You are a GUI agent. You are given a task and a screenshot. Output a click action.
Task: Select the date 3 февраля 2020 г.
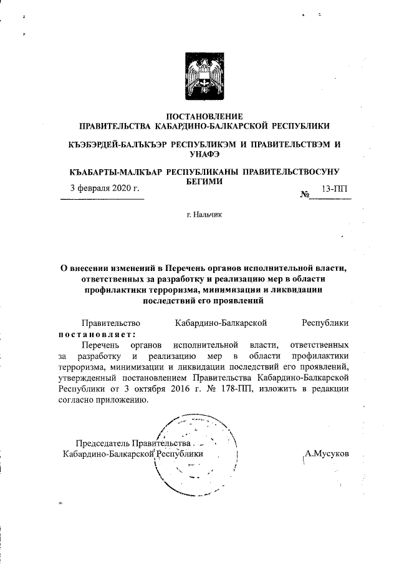pyautogui.click(x=104, y=188)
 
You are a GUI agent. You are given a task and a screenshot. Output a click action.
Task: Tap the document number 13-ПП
pyautogui.click(x=335, y=188)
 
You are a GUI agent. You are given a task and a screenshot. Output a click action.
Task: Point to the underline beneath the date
pyautogui.click(x=102, y=199)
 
